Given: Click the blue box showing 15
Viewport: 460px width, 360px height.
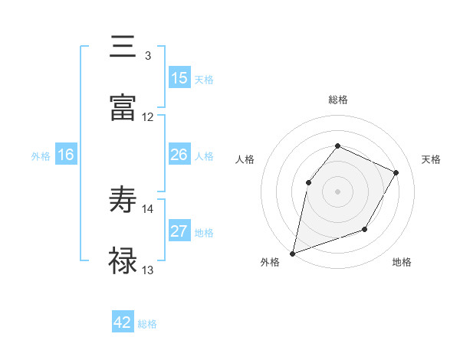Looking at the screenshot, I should coord(179,78).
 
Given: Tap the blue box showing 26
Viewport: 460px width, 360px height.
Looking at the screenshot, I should coord(179,155).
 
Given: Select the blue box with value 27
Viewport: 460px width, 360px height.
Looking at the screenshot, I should coord(179,231).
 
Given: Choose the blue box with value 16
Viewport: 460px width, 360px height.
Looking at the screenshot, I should coord(66,155).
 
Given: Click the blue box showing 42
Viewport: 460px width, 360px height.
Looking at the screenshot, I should coord(123,322).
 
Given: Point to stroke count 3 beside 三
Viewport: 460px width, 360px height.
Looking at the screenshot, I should coord(147,56).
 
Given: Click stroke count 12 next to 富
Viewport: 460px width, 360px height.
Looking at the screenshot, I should coord(148,117).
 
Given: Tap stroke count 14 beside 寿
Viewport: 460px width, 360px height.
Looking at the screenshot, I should coord(148,208).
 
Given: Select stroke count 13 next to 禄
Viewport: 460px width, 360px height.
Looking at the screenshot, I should coord(148,270).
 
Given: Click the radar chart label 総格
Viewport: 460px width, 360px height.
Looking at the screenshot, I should coord(337,100).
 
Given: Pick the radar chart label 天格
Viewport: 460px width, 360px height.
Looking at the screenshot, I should coord(431,159).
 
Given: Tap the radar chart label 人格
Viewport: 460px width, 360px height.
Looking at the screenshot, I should coord(245,159).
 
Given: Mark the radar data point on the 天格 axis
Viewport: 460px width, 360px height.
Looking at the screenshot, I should coord(396,172).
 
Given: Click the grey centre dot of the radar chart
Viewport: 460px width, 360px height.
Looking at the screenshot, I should coord(337,191).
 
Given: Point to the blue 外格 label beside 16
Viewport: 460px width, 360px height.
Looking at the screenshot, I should coord(40,156).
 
